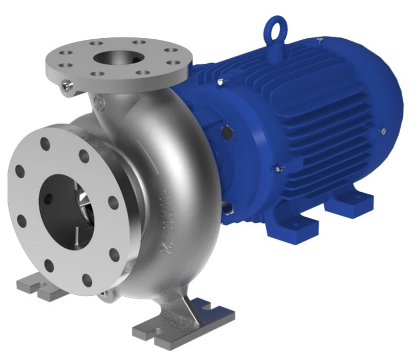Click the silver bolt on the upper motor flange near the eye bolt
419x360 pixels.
click(220, 82)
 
